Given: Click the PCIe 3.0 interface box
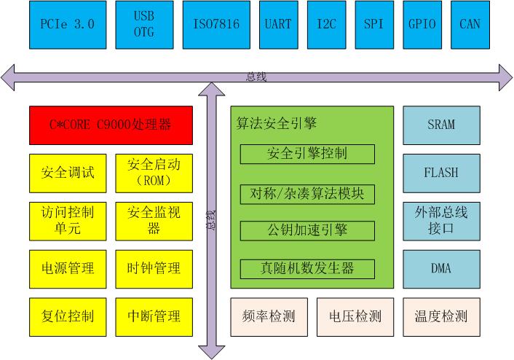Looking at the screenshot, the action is [68, 25].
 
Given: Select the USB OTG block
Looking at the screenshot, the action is [144, 25].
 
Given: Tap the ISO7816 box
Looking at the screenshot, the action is [216, 25].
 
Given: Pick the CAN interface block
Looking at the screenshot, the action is [470, 25].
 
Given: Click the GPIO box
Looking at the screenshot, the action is [422, 25].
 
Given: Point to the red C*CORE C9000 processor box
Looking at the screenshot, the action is [111, 125].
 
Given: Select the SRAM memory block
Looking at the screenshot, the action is [441, 125].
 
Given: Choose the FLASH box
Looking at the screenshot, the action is [441, 173].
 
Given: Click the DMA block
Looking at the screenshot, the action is [441, 269].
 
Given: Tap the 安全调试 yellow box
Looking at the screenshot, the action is [68, 173].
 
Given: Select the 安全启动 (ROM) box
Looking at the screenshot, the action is [154, 173].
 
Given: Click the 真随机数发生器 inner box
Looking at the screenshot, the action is [307, 269].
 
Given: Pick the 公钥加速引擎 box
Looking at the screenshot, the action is [307, 231].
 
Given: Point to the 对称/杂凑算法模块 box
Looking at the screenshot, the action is [307, 195].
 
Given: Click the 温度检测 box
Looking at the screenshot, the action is [441, 317].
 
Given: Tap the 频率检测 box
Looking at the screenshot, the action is [269, 317].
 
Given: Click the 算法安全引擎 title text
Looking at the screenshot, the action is [277, 123].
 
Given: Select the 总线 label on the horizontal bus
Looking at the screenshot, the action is [256, 77].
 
